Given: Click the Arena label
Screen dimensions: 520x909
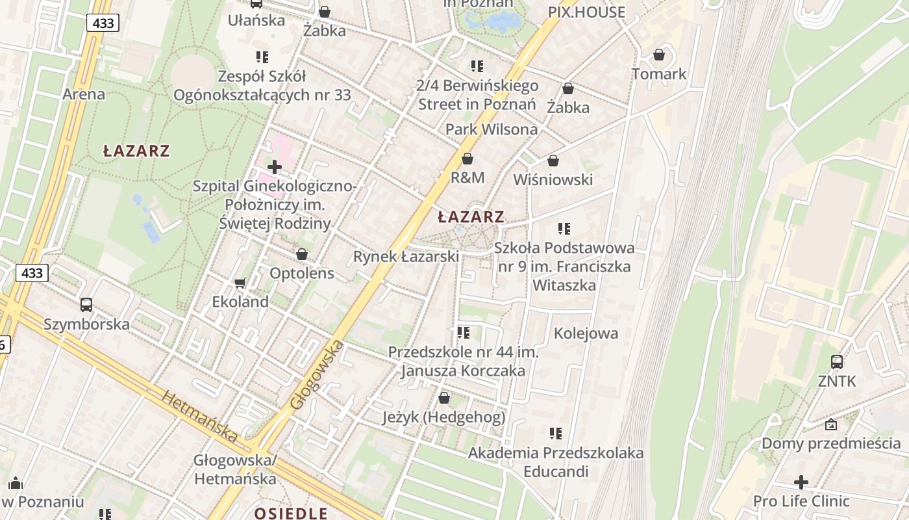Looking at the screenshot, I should point(83,94).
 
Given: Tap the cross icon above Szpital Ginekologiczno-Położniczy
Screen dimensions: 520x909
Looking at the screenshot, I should point(275,167).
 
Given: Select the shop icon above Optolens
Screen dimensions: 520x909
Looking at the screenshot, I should point(302,254).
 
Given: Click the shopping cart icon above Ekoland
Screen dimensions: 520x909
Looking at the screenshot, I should point(240,283).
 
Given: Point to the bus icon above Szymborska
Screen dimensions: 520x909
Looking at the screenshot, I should point(86,304).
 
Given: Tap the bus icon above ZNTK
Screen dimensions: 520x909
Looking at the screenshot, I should point(837,362).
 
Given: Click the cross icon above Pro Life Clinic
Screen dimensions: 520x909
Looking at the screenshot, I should point(801,482).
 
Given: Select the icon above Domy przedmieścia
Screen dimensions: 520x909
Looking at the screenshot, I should point(831,425).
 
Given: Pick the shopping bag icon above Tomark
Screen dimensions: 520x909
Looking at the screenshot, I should point(659,55).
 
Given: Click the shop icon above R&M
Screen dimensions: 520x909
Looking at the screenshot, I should point(467,159).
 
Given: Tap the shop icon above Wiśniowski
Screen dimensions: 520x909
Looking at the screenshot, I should point(553,161).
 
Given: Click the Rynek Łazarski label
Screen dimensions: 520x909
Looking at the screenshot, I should point(406,257).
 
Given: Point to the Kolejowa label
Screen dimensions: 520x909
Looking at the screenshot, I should point(586,333).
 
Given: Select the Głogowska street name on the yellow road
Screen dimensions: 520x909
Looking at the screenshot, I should point(317,374).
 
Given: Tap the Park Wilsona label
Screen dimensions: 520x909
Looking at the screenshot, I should point(492,129).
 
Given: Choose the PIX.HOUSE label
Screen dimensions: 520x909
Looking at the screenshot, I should point(586,12).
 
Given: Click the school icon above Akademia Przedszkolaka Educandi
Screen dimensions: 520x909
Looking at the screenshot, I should point(556,433).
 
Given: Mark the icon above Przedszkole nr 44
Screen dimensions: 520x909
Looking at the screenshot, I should point(463,333).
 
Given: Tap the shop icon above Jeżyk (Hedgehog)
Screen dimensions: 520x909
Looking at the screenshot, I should point(444,397).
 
